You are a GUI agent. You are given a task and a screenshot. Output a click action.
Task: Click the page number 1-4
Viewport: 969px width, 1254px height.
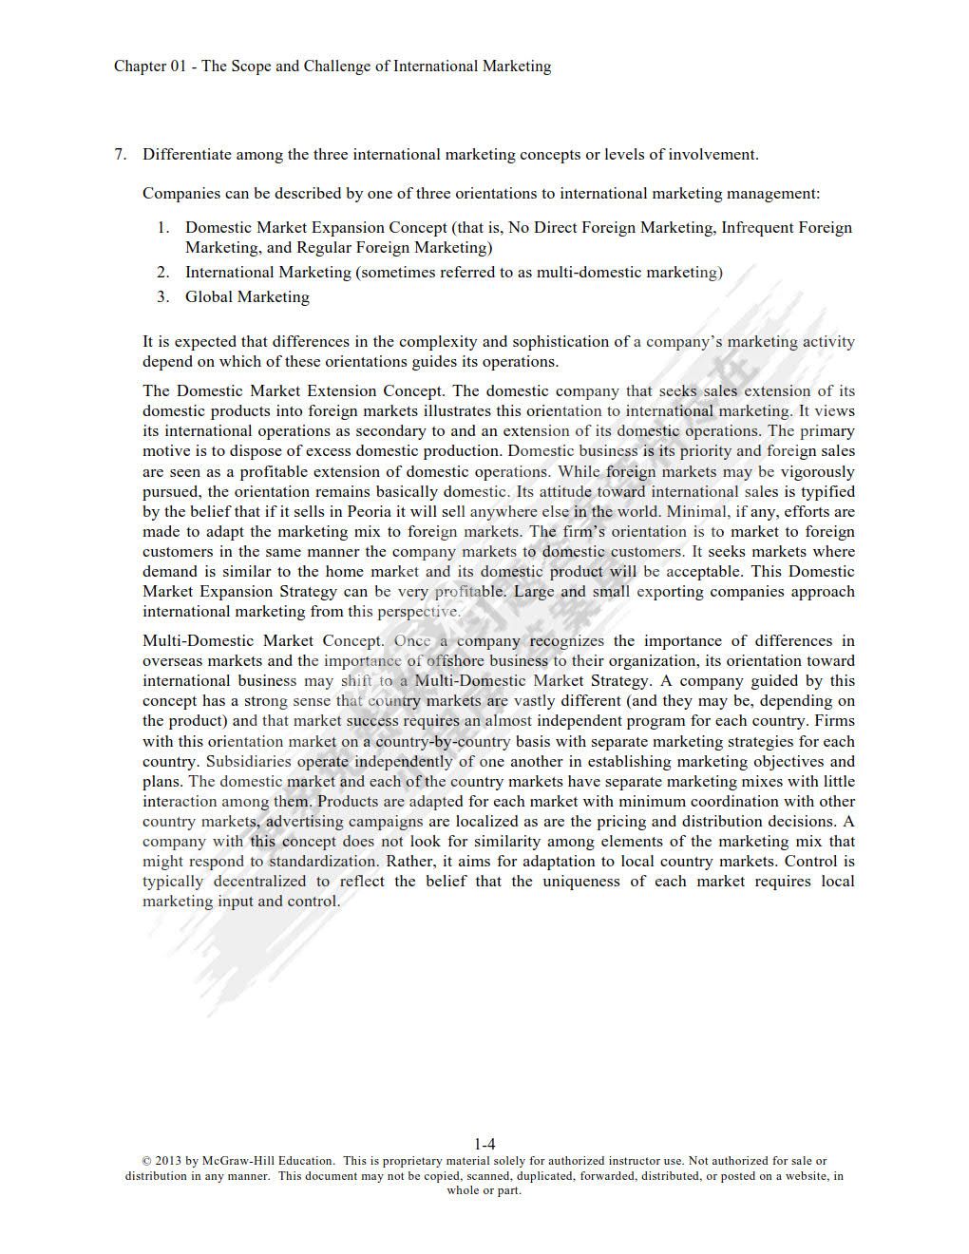[484, 1144]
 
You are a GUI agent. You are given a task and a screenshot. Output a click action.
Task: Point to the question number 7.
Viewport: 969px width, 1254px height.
[120, 154]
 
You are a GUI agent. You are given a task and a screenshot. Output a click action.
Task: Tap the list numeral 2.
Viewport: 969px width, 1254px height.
[162, 272]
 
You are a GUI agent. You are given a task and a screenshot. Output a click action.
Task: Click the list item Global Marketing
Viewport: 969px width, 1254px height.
[247, 296]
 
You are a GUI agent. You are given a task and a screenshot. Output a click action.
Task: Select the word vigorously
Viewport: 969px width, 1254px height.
[818, 471]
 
